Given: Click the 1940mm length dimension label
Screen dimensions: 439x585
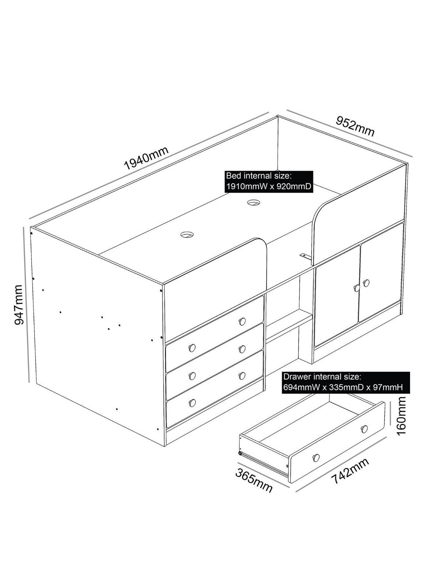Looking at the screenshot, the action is coord(147,158).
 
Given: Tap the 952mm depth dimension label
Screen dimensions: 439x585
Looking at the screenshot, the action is coord(355,126).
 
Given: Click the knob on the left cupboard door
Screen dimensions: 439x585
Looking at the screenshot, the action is coord(356,288).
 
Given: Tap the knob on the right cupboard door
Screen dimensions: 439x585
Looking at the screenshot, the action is coord(367,283).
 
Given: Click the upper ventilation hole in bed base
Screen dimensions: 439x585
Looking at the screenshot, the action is coord(254,203).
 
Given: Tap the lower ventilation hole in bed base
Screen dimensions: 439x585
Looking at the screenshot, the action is coord(187,235).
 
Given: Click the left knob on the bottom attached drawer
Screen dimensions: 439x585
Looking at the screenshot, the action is coord(192,403).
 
